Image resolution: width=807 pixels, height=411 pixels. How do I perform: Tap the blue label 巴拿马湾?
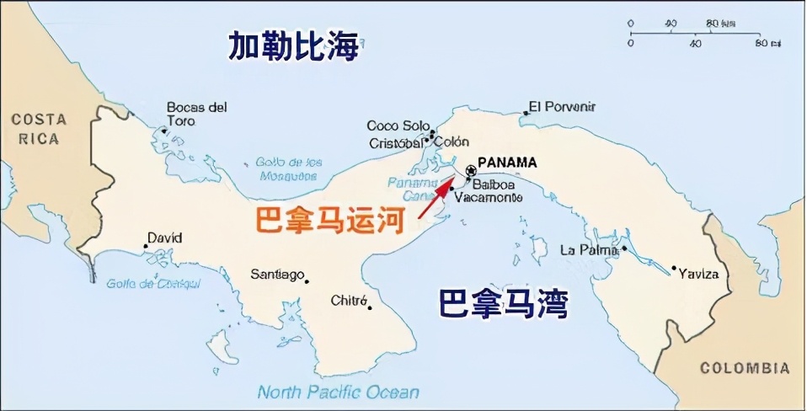pos(503,303)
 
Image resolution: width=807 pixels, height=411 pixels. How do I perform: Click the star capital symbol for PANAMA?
pos(469,171)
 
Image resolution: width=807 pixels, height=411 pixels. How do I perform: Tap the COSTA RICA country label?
pos(39,130)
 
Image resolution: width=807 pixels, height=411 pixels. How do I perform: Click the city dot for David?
pos(147,248)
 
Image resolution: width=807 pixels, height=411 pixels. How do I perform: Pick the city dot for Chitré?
pos(369,307)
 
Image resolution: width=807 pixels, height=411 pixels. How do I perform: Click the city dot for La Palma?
pos(625,249)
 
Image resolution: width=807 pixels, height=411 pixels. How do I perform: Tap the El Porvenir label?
pos(563,107)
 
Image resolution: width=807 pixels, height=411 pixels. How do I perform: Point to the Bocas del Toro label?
pos(196,114)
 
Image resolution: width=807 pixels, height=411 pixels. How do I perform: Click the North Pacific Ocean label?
pos(338,392)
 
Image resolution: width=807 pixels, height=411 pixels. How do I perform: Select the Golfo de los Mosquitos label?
pos(289,168)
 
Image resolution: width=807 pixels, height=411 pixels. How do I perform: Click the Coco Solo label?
pos(392,126)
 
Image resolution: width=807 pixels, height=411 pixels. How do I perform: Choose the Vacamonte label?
pos(488,197)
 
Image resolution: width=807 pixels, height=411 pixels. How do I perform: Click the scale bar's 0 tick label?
pos(630,23)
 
